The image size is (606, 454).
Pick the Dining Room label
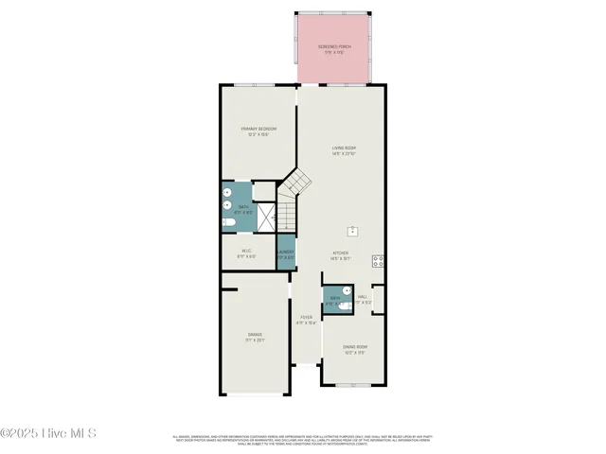tap(355, 350)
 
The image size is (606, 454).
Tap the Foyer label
tap(306, 320)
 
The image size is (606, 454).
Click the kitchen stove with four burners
tap(378, 261)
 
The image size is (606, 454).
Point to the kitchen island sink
tap(352, 230)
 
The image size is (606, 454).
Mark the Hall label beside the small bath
tap(363, 299)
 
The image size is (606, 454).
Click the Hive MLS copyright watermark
tap(48, 434)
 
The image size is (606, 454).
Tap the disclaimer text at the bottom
tap(303, 440)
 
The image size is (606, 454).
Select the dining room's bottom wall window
tap(353, 385)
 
